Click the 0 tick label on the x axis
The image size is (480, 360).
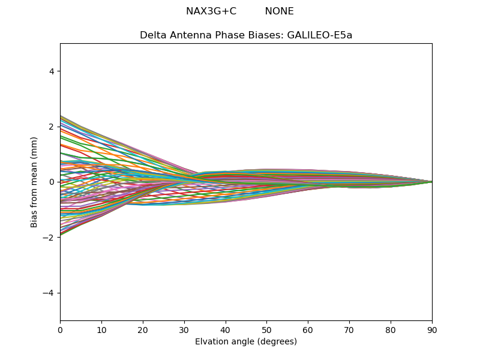point(60,329)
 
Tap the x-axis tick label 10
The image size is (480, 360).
point(101,329)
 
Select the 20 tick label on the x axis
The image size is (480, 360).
point(143,329)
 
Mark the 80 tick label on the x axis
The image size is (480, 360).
point(391,329)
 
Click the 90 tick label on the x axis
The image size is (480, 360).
point(432,329)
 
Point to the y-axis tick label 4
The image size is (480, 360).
point(52,71)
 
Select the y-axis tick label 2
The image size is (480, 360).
point(52,127)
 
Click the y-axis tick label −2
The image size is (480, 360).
point(50,238)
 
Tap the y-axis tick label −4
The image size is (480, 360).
point(50,293)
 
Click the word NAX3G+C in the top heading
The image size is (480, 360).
point(211,11)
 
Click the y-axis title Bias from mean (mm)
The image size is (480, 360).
point(34,181)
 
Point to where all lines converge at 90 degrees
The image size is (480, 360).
point(431,182)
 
